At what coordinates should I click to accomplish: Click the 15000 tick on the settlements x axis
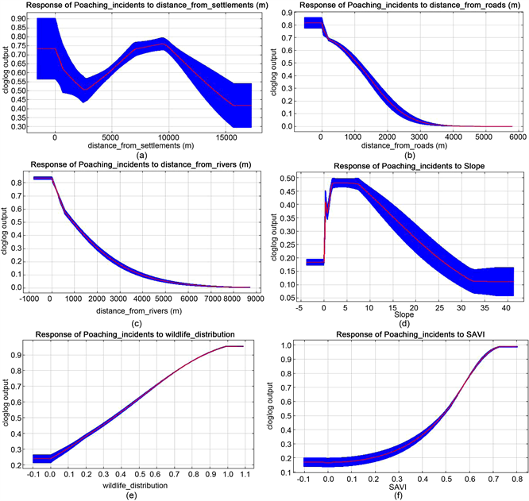point(226,136)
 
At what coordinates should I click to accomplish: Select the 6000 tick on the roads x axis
point(512,136)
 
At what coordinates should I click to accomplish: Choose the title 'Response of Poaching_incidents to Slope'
point(405,165)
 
